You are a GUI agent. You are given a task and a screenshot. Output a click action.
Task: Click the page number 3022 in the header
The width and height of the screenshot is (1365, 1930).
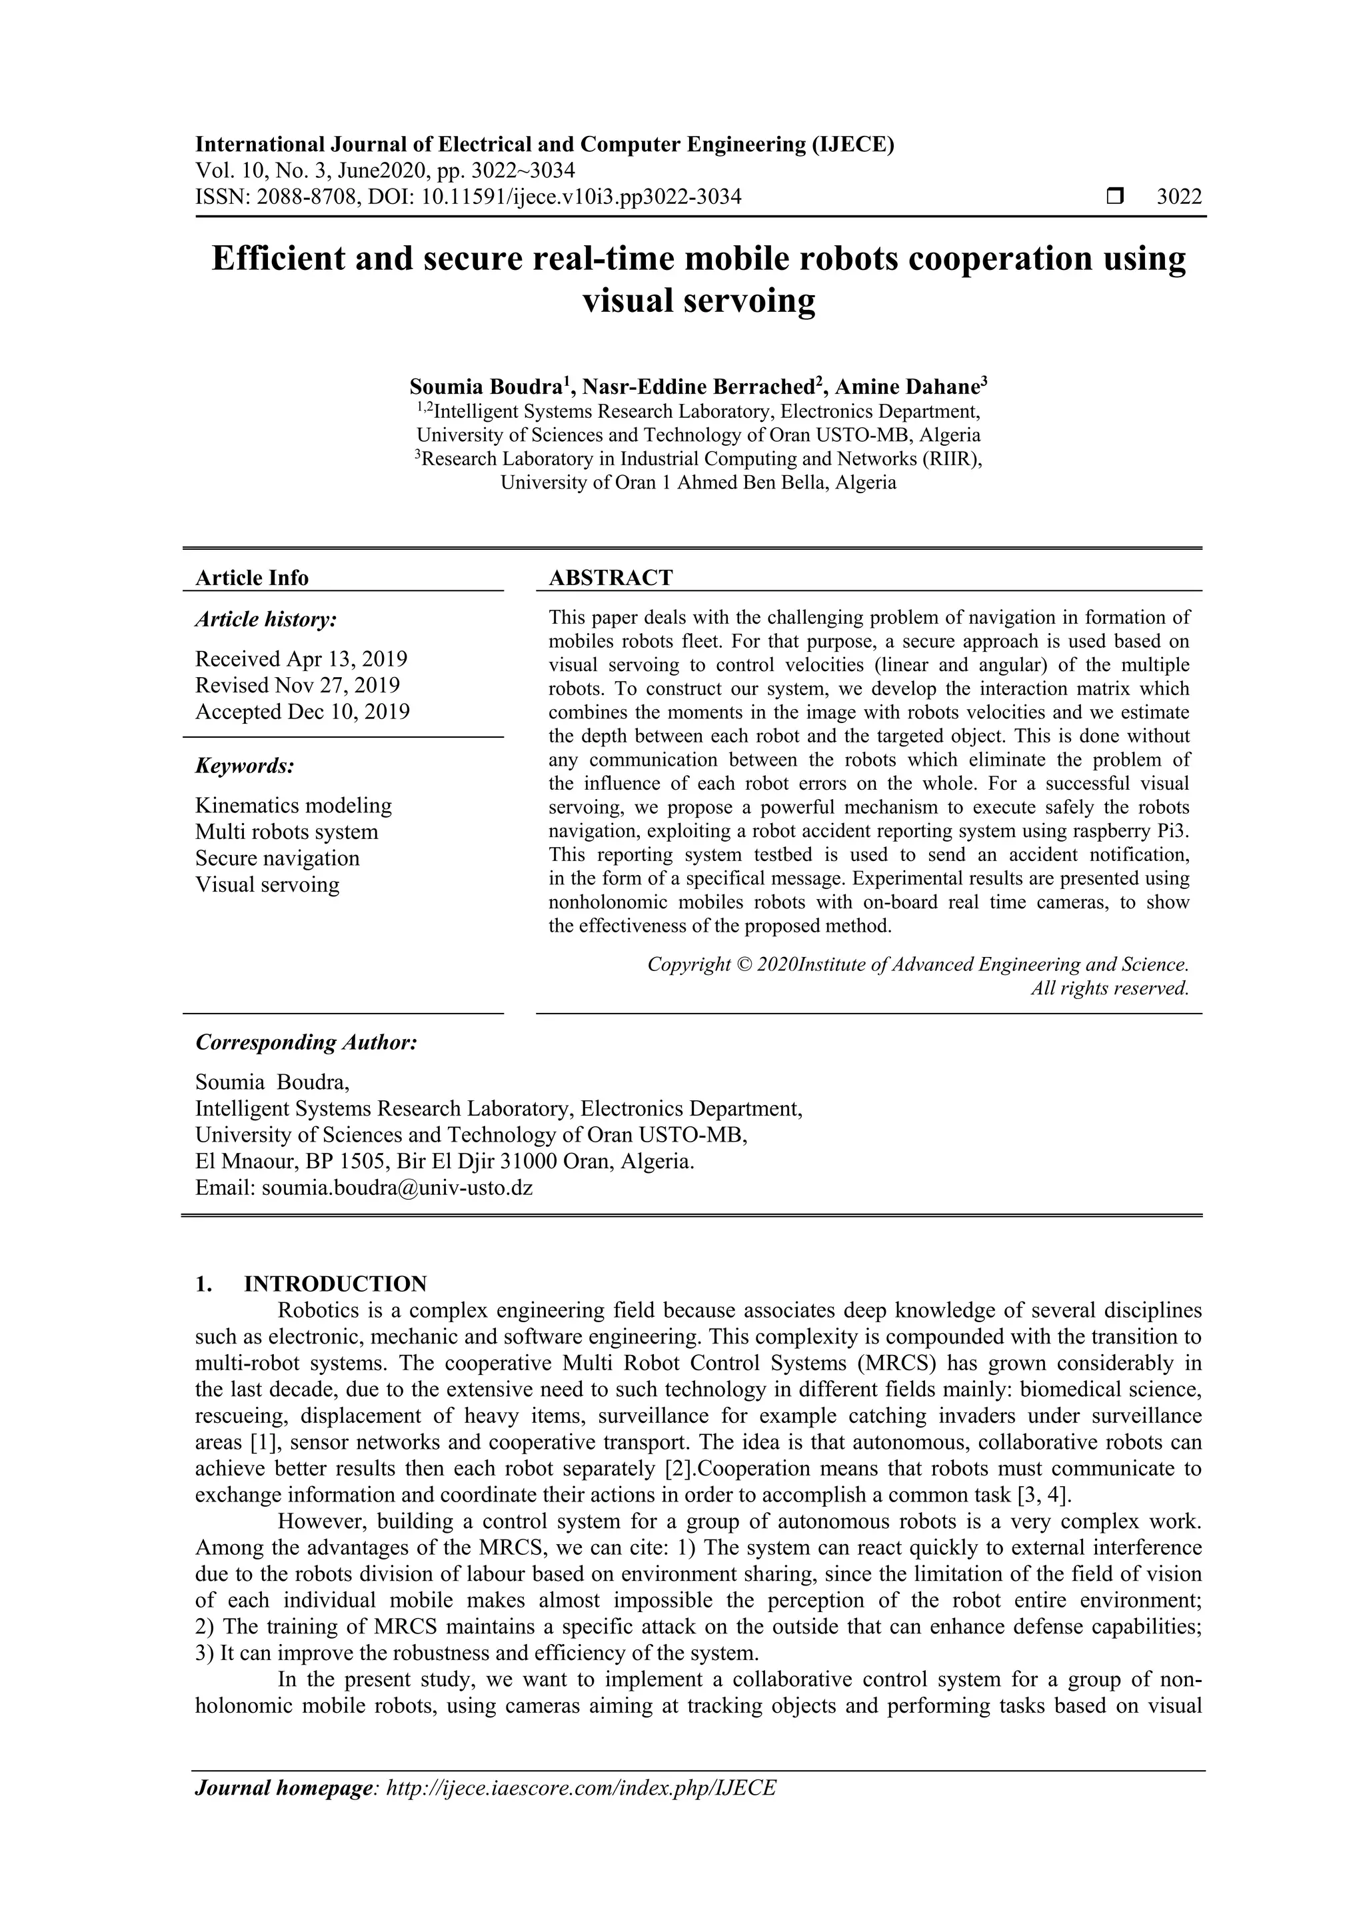pos(1179,197)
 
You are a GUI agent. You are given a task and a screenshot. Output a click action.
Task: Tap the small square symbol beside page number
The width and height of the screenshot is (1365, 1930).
pos(1115,197)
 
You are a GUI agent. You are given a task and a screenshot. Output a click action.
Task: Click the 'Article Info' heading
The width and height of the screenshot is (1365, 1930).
pos(252,578)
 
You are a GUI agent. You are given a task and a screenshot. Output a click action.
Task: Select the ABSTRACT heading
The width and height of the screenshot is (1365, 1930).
pos(611,578)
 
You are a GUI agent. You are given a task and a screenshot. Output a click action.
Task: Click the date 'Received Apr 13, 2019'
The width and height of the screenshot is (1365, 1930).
pos(301,658)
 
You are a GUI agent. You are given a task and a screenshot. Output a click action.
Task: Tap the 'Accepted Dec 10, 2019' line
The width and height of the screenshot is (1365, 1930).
pos(303,711)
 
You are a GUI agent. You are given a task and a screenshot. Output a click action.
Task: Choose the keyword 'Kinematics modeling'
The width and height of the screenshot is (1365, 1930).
pos(293,805)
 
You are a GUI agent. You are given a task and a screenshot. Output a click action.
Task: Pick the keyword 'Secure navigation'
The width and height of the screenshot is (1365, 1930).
pos(277,858)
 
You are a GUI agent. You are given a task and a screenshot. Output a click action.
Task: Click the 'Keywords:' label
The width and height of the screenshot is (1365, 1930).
pos(245,766)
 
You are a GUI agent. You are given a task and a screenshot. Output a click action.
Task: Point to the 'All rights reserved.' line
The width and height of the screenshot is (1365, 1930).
pos(1110,988)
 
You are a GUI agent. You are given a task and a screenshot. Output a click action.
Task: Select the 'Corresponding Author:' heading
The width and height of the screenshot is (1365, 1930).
pos(306,1042)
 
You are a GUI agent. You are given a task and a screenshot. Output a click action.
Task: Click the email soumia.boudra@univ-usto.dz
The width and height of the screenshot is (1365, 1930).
pos(397,1188)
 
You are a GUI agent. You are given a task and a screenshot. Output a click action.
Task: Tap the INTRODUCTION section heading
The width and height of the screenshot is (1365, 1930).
pos(335,1284)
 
